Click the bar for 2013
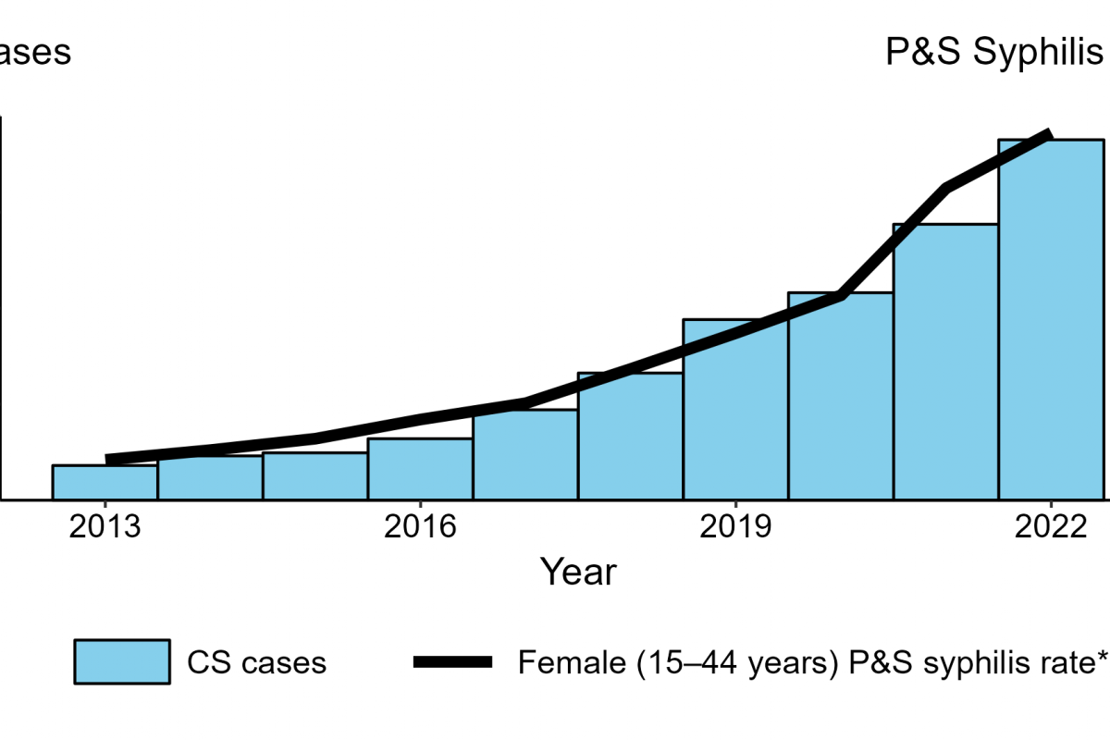point(105,482)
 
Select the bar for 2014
point(210,477)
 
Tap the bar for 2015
point(315,475)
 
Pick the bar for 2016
point(420,469)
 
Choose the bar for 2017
point(525,454)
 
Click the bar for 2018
point(631,436)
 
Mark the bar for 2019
point(735,409)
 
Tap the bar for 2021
point(945,362)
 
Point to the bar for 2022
point(1051,319)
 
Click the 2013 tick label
point(105,529)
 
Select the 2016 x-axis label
point(420,529)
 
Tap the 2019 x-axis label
point(735,529)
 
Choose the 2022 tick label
point(1051,529)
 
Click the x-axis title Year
point(578,572)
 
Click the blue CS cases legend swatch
point(122,661)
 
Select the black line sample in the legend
point(454,661)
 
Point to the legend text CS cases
point(256,662)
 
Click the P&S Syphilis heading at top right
point(995,53)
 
